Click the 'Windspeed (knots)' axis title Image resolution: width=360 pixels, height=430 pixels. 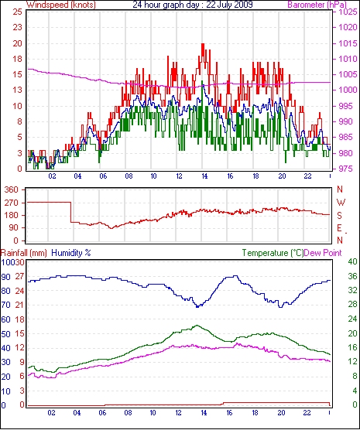tap(61, 5)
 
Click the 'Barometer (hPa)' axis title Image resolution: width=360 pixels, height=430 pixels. tap(317, 5)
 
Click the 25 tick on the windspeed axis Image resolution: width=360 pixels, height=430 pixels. tap(17, 12)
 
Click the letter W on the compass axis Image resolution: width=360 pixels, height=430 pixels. tap(341, 203)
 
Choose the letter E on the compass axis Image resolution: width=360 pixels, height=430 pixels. tap(340, 228)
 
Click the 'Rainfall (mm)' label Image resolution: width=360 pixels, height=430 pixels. tap(24, 253)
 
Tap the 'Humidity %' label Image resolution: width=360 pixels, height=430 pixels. tap(71, 253)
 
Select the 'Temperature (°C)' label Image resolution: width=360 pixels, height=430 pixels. tap(273, 253)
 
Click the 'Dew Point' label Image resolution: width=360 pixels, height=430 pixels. tap(323, 253)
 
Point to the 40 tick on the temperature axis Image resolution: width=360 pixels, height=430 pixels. tap(352, 261)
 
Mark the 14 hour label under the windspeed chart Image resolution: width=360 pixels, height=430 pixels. tap(204, 176)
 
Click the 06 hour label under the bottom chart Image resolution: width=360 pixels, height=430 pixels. tap(102, 412)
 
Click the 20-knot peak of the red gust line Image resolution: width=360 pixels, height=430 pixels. tap(203, 44)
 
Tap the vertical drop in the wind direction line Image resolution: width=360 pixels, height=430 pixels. tap(71, 212)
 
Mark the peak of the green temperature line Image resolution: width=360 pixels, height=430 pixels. tap(197, 326)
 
